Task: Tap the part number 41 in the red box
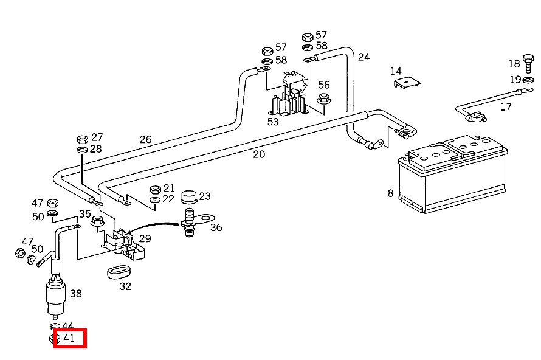tap(69, 338)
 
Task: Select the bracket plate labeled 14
tap(407, 83)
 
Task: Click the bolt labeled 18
tap(528, 63)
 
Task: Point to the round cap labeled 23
tap(189, 197)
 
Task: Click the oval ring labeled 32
tap(119, 272)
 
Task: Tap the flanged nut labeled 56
tap(323, 99)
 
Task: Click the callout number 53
tap(273, 122)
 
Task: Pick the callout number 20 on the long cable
tap(259, 154)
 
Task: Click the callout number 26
tap(146, 139)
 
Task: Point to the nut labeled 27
tap(83, 139)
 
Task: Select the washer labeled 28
tap(82, 150)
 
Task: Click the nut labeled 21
tap(156, 190)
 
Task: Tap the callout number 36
tap(216, 227)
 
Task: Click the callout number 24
tap(364, 57)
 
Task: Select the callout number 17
tap(506, 107)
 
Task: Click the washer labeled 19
tap(528, 80)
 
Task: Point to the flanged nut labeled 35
tap(97, 221)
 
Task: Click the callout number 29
tap(145, 238)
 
